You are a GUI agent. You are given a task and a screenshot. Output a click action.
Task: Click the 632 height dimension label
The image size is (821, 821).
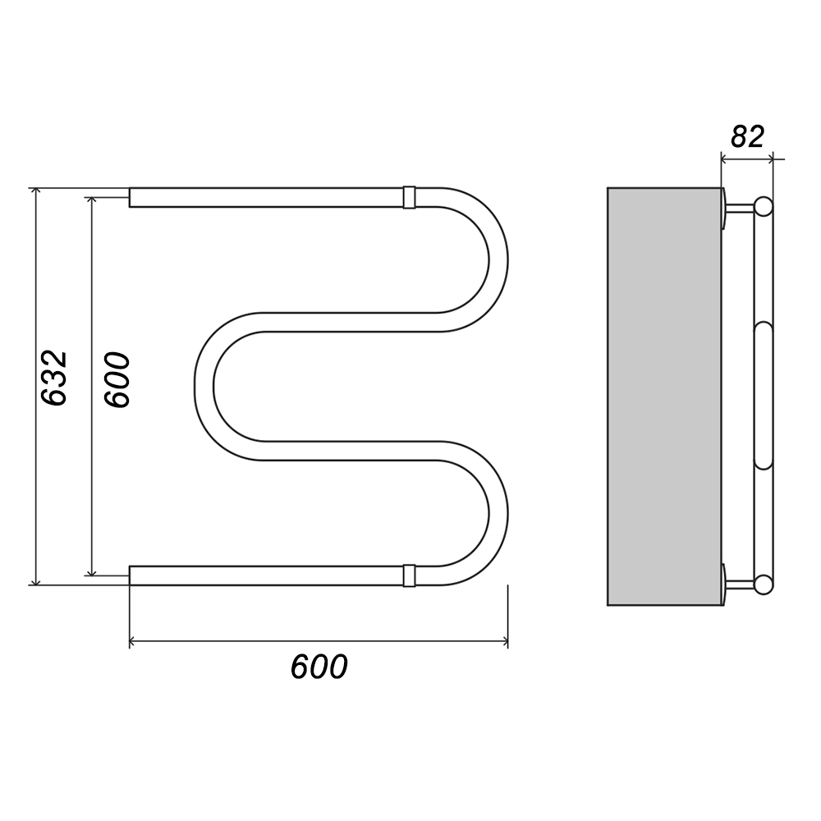point(54,378)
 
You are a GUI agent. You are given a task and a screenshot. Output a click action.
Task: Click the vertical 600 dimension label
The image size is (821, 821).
point(117,379)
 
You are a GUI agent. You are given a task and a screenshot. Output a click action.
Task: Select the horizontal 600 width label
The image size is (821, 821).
point(319,667)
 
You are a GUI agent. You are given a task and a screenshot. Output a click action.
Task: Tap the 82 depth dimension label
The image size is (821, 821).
point(747,136)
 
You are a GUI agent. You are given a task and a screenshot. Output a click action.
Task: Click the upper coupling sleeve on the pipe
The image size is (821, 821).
point(410,197)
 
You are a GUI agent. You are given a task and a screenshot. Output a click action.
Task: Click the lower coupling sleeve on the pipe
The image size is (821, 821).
point(410,576)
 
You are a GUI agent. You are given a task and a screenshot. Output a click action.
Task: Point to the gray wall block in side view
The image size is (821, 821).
point(664,397)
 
